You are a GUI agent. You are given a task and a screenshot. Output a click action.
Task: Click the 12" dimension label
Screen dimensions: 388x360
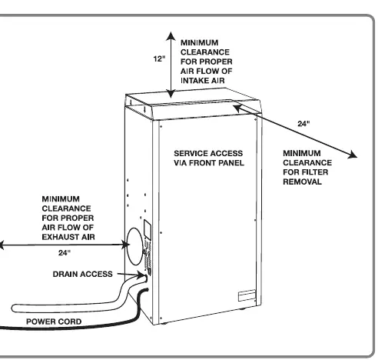pyautogui.click(x=159, y=58)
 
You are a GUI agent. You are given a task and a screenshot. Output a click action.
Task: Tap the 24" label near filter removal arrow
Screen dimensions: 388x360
pyautogui.click(x=303, y=124)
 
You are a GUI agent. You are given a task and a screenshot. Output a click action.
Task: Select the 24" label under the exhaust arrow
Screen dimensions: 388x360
pyautogui.click(x=65, y=253)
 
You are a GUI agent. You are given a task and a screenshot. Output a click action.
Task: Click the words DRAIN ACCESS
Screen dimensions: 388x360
pyautogui.click(x=82, y=274)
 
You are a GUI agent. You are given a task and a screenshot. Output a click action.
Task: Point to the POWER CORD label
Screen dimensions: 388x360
pyautogui.click(x=54, y=322)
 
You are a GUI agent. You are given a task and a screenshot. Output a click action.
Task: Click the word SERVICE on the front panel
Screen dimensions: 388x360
pyautogui.click(x=190, y=153)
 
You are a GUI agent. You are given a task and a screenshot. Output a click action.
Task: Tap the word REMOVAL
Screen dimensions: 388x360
pyautogui.click(x=302, y=182)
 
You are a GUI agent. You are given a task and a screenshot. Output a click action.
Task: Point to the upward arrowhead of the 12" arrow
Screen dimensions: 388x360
pyautogui.click(x=171, y=36)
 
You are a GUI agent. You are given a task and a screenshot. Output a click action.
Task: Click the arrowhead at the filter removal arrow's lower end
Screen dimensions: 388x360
pyautogui.click(x=353, y=155)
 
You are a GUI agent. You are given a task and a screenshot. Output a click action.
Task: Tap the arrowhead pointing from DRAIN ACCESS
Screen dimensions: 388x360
pyautogui.click(x=142, y=275)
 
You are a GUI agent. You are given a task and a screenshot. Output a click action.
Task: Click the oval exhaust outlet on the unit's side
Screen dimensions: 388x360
pyautogui.click(x=134, y=246)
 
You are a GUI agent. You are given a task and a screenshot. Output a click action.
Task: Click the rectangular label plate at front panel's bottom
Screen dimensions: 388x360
pyautogui.click(x=247, y=295)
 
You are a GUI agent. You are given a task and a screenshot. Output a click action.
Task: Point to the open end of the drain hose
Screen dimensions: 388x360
pyautogui.click(x=13, y=308)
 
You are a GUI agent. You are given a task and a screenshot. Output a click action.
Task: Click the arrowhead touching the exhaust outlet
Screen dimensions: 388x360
pyautogui.click(x=125, y=245)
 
